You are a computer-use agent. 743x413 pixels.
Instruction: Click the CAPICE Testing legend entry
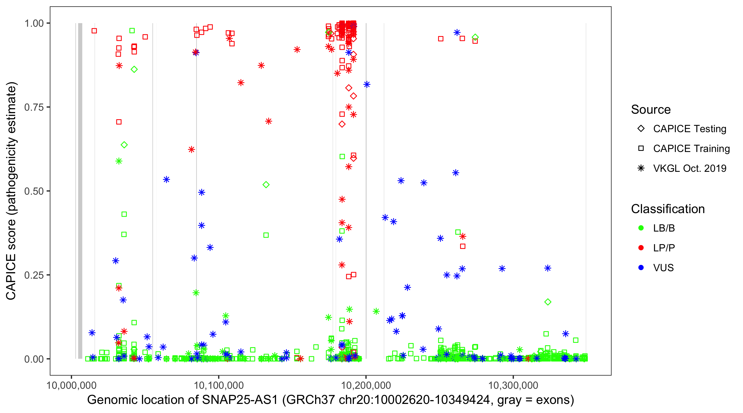tap(689, 129)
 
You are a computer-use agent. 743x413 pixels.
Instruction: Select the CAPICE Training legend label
tap(691, 149)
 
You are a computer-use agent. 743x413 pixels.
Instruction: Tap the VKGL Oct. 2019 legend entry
tap(689, 168)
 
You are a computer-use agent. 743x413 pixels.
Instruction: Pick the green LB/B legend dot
tap(641, 228)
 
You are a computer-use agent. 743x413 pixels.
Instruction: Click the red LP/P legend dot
tap(641, 248)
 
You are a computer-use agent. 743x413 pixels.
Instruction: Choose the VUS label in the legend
tap(663, 268)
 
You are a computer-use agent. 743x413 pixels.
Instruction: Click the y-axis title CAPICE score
tap(12, 191)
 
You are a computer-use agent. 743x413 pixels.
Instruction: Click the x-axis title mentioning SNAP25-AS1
tap(330, 400)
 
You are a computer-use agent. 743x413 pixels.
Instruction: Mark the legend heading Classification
tap(668, 209)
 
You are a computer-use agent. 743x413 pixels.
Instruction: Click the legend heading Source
tap(651, 110)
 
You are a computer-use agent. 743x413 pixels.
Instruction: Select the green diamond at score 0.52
tap(266, 185)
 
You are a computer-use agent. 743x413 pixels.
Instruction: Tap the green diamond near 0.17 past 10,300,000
tap(548, 302)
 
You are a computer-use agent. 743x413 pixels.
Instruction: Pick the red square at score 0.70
tap(119, 122)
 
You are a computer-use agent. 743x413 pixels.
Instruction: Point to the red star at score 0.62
tap(192, 150)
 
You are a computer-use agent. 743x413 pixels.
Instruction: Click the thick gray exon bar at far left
tap(80, 191)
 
